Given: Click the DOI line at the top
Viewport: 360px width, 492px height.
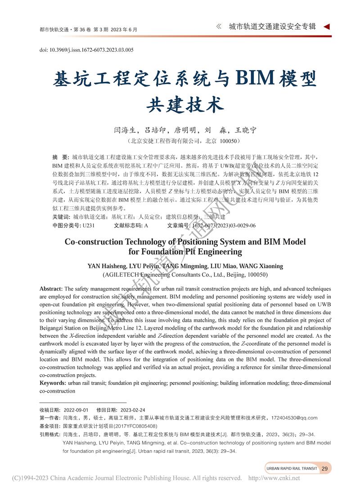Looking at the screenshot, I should coord(86,50).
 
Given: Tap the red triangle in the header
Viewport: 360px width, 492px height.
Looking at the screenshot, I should coord(327,27).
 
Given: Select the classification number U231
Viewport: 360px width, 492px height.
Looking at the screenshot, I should coord(89,225).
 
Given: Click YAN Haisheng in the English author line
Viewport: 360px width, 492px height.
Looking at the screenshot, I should coord(107,266).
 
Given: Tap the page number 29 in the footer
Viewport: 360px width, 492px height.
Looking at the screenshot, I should coord(324,469).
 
